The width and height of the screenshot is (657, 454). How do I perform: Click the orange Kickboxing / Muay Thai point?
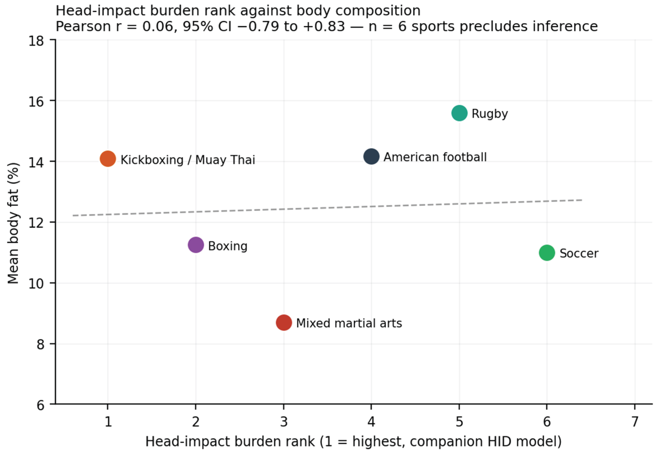pyautogui.click(x=108, y=158)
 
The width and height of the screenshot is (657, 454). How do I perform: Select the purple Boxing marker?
pyautogui.click(x=196, y=245)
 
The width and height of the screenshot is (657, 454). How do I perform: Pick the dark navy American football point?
pyautogui.click(x=372, y=156)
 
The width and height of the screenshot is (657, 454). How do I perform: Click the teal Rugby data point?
pyautogui.click(x=459, y=113)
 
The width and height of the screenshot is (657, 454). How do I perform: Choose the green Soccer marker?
pyautogui.click(x=547, y=253)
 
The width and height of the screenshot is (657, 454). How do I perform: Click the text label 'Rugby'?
pyautogui.click(x=490, y=114)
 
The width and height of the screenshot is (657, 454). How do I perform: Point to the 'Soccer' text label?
pyautogui.click(x=579, y=253)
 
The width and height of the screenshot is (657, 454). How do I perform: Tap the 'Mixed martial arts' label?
pyautogui.click(x=349, y=323)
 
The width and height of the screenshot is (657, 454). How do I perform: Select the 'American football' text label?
pyautogui.click(x=435, y=157)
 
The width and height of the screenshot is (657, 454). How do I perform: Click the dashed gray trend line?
pyautogui.click(x=328, y=208)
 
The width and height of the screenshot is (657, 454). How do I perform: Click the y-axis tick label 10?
pyautogui.click(x=36, y=283)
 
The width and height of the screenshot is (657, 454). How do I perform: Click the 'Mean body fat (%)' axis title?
pyautogui.click(x=13, y=223)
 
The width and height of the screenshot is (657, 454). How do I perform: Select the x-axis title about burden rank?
pyautogui.click(x=353, y=442)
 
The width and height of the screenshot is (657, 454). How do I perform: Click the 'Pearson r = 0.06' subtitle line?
pyautogui.click(x=327, y=26)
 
